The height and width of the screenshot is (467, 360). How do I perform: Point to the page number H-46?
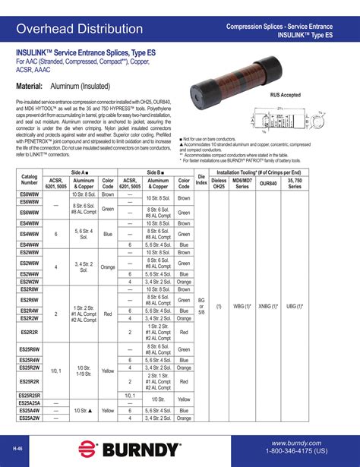(x=17, y=448)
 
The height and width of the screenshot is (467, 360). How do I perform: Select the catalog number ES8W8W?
(x=30, y=196)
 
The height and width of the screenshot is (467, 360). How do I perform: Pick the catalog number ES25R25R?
(x=30, y=396)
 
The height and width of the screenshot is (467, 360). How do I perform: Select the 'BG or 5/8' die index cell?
(x=201, y=305)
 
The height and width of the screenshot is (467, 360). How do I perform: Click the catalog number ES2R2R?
(x=30, y=333)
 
